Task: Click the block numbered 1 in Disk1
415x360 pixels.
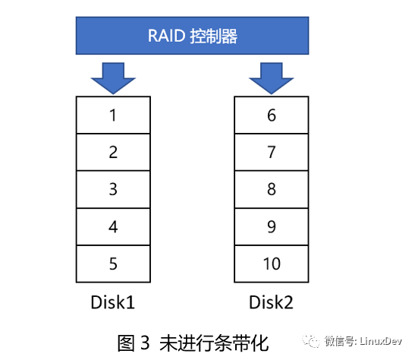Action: (x=113, y=115)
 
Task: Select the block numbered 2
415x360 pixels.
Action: (x=113, y=153)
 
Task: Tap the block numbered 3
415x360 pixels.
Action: (x=113, y=189)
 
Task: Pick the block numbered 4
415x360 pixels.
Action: (x=113, y=227)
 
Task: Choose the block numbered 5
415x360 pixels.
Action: (x=113, y=264)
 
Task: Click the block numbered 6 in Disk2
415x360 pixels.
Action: (x=272, y=115)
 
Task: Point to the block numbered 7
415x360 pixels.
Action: (x=272, y=153)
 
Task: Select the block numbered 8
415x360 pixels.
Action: (x=272, y=189)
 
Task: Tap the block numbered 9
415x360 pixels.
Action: (x=272, y=227)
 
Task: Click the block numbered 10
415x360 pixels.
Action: (x=272, y=264)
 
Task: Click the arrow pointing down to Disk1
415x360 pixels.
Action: (x=113, y=78)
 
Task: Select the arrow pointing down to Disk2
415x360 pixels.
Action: (x=272, y=78)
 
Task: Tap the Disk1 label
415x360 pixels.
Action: (x=113, y=302)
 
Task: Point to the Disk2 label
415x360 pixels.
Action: (x=271, y=302)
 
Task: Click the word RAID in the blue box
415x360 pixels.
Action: (x=166, y=36)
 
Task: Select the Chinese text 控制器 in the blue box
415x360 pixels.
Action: (x=213, y=36)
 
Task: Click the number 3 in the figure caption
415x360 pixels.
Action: (x=145, y=343)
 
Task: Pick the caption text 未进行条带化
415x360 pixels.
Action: (x=214, y=343)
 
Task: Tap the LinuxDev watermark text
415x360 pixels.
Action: (x=381, y=341)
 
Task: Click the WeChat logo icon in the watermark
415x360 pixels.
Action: (x=311, y=341)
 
